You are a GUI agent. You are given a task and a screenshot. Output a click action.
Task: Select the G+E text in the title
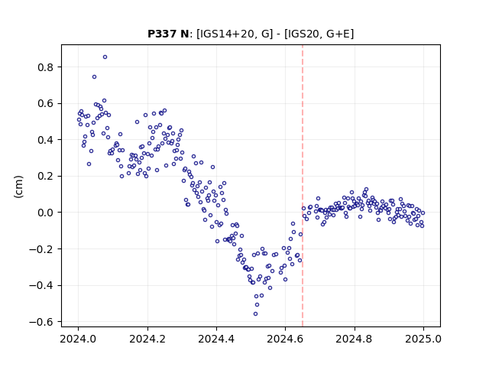pyautogui.click(x=338, y=34)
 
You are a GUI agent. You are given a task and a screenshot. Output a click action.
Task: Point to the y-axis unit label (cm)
pyautogui.click(x=18, y=187)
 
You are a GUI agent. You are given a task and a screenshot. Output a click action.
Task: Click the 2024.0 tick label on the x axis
pyautogui.click(x=78, y=339)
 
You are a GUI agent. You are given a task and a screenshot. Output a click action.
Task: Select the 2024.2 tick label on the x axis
pyautogui.click(x=147, y=339)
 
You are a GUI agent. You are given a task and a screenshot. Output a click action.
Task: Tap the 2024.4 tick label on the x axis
pyautogui.click(x=216, y=339)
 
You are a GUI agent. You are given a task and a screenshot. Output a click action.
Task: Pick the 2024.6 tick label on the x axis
pyautogui.click(x=285, y=339)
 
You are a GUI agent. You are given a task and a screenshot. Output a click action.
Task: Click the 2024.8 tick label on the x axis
pyautogui.click(x=355, y=339)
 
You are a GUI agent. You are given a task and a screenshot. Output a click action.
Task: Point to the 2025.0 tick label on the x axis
pyautogui.click(x=423, y=339)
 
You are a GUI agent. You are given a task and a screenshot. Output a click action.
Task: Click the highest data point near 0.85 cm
pyautogui.click(x=105, y=57)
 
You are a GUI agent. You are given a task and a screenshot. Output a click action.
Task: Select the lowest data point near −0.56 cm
pyautogui.click(x=255, y=314)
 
